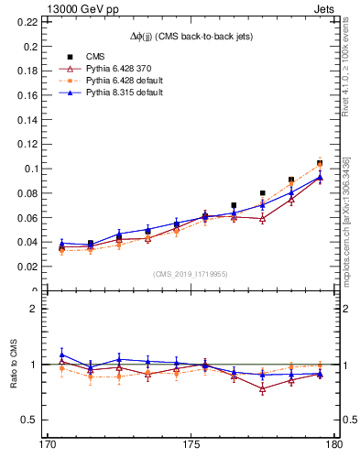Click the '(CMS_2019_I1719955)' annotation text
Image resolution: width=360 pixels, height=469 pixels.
(x=191, y=273)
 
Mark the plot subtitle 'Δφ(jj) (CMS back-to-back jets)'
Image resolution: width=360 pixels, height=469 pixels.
(x=191, y=36)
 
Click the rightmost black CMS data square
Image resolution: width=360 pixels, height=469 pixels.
(x=320, y=163)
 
